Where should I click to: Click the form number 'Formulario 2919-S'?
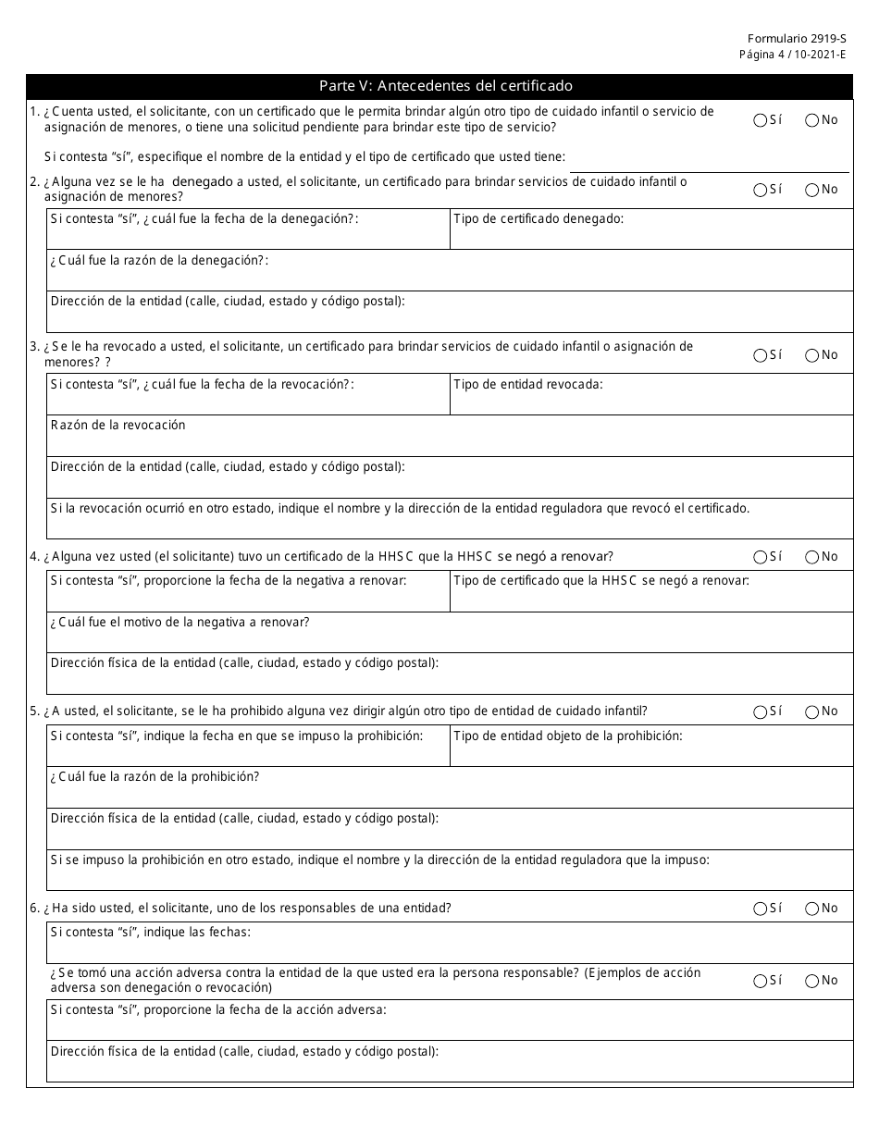tap(797, 40)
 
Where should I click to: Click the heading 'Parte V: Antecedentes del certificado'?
tap(445, 86)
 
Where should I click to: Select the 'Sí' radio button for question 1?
tap(761, 120)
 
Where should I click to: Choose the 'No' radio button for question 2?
tap(812, 190)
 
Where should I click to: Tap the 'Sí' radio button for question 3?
tap(761, 355)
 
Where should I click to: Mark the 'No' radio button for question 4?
tap(812, 557)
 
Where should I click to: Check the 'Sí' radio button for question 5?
tap(761, 712)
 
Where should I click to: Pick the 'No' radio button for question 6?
tap(812, 909)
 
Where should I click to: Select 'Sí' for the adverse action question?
tap(761, 981)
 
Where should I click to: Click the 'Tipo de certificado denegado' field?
tap(650, 235)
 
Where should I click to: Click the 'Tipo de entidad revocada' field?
tap(650, 400)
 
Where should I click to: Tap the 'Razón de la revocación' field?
tap(450, 441)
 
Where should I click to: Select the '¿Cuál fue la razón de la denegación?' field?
tap(450, 277)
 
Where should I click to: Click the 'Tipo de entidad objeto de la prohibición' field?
tap(650, 751)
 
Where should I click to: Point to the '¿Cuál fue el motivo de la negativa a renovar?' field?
tap(450, 637)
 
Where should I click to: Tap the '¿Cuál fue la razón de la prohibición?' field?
tap(450, 793)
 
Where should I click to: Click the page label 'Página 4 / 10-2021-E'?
tap(792, 55)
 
